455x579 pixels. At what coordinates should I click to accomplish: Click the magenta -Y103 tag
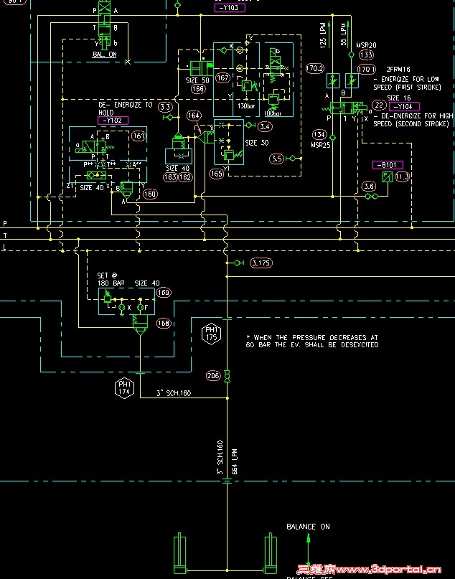230,7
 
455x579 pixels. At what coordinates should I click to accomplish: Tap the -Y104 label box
405,107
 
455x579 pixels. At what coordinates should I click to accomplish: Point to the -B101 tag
388,165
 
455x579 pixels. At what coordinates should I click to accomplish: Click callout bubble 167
222,77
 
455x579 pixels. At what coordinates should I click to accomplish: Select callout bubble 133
366,55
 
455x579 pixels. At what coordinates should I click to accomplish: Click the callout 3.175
262,263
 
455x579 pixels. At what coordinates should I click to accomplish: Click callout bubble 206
213,376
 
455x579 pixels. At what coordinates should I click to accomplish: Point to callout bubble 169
164,292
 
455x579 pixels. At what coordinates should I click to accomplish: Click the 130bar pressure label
246,106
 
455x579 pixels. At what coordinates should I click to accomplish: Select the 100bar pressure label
273,114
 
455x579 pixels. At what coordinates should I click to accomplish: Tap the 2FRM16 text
399,70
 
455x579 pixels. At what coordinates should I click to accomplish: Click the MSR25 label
319,144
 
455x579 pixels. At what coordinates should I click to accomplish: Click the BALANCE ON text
308,527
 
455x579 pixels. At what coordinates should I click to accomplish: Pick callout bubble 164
194,116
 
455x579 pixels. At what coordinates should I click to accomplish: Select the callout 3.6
369,187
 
